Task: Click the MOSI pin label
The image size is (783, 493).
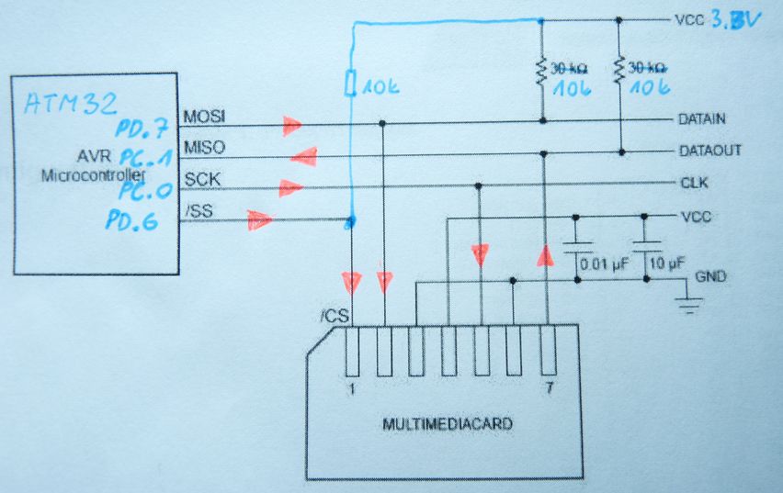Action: pyautogui.click(x=203, y=118)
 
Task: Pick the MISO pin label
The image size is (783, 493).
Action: pyautogui.click(x=203, y=147)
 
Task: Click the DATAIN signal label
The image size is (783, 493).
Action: pyautogui.click(x=700, y=119)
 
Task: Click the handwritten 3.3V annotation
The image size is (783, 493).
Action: pyautogui.click(x=735, y=19)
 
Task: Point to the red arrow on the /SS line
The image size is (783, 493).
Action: pyautogui.click(x=261, y=219)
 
